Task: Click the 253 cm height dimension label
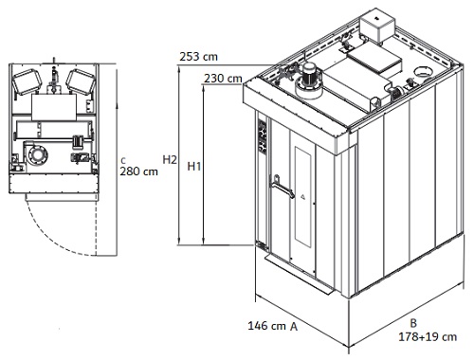(198, 57)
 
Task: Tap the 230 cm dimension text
(223, 79)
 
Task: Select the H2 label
(170, 160)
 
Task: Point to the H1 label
(193, 166)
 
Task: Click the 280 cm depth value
(138, 171)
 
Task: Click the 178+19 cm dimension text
(428, 337)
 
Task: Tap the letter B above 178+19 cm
(413, 323)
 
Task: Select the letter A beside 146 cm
(294, 326)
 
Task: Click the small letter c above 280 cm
(123, 161)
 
